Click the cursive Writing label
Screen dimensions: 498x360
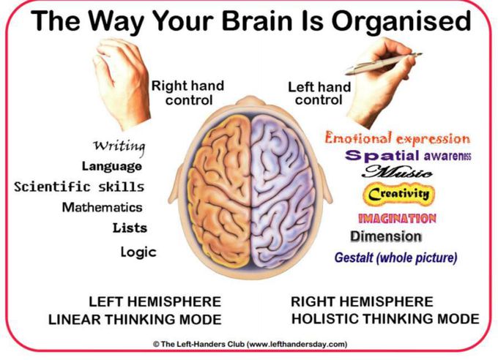click(x=119, y=147)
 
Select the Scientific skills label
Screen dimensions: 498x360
click(x=79, y=187)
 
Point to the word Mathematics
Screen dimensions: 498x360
click(x=103, y=207)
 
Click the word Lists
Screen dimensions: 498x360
click(x=130, y=228)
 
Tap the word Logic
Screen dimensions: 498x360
click(x=138, y=252)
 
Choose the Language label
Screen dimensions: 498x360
click(x=112, y=166)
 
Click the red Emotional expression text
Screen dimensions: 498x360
click(x=398, y=139)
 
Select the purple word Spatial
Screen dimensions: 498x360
click(x=382, y=156)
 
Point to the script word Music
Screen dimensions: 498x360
click(x=398, y=172)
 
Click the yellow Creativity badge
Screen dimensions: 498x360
click(x=399, y=194)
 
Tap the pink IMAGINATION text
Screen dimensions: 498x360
click(x=397, y=218)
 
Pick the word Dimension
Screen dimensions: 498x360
click(x=386, y=236)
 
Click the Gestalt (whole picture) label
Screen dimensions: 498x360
click(x=395, y=258)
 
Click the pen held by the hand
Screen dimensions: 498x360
click(x=383, y=64)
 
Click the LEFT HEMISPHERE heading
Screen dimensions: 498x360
click(x=155, y=301)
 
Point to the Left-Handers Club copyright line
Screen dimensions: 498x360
click(x=250, y=344)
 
